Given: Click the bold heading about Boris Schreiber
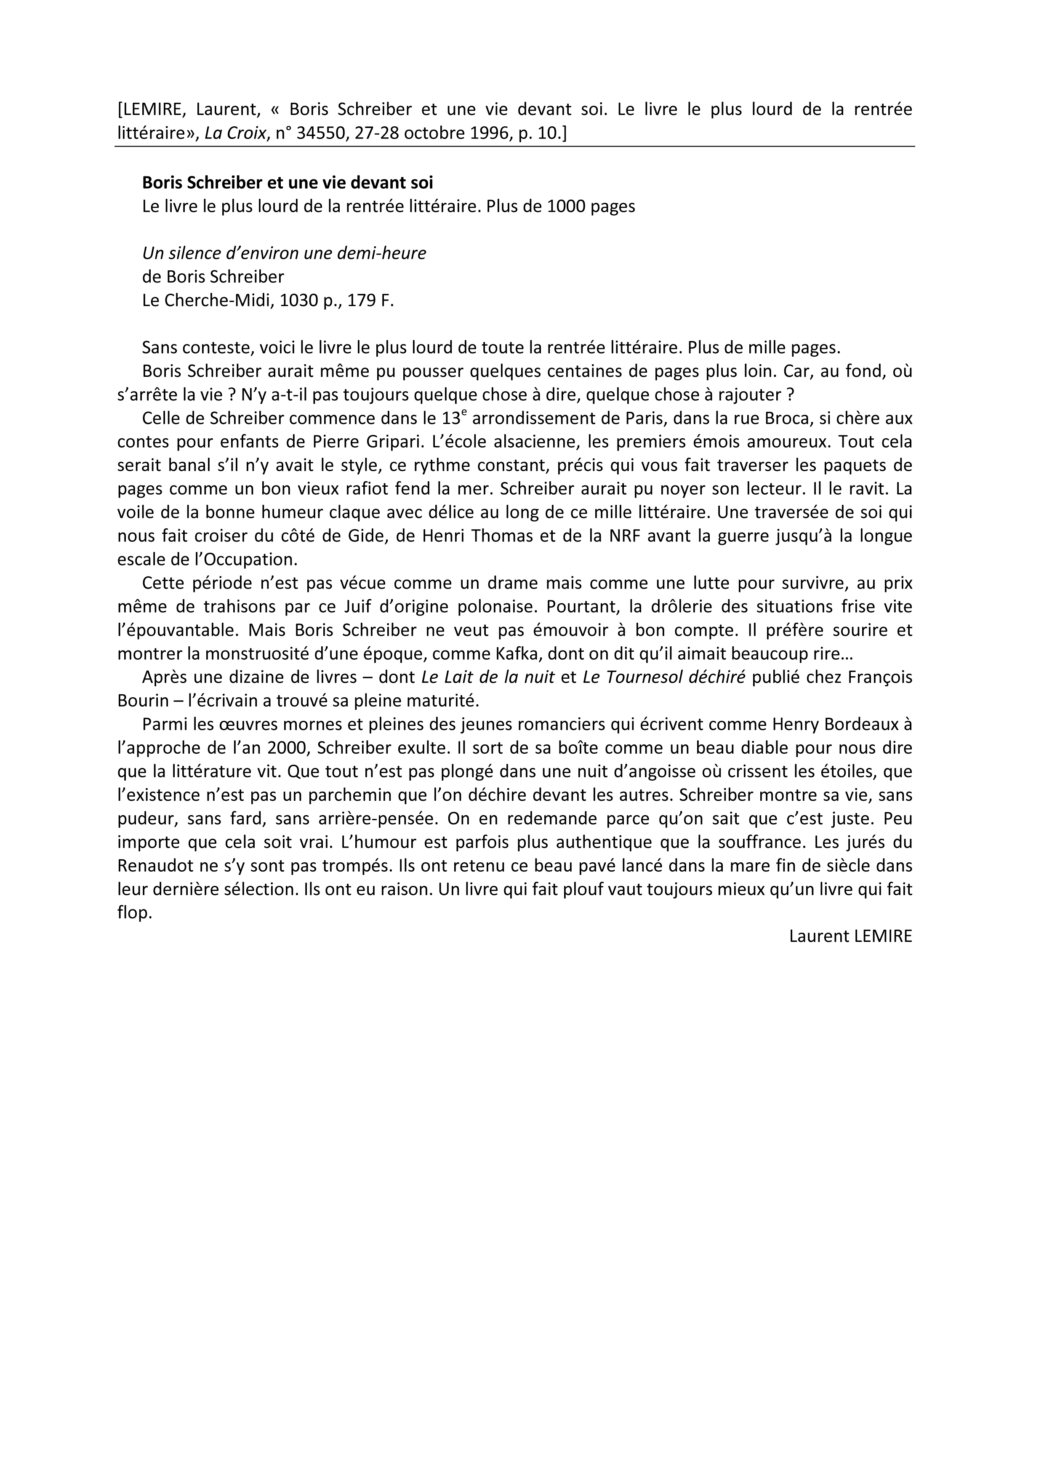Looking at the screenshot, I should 288,183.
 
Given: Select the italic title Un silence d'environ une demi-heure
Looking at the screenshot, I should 284,253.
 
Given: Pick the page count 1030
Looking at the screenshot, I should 300,301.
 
